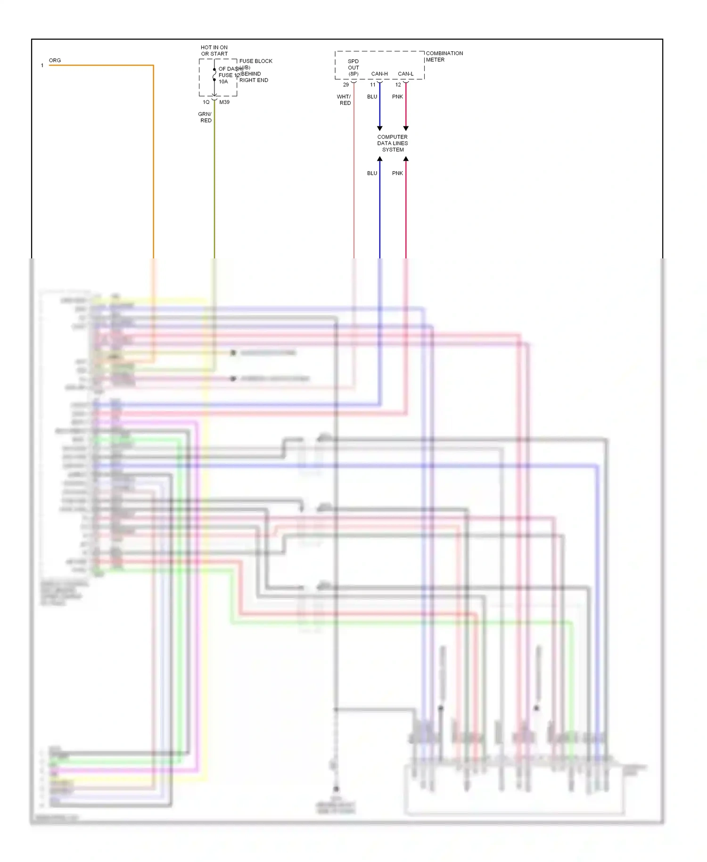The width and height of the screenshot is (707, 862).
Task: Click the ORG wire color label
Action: point(55,60)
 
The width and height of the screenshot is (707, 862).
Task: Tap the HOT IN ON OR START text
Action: point(214,50)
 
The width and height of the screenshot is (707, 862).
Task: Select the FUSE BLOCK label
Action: point(255,61)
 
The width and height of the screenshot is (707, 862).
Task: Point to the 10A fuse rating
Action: point(223,82)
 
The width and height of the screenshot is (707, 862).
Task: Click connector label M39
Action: point(224,102)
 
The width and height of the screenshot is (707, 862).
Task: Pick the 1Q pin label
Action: point(206,102)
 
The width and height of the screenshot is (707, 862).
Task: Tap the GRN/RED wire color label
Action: point(205,117)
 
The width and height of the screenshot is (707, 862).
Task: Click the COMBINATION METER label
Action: point(444,56)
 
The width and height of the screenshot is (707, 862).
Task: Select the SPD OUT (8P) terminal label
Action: point(353,67)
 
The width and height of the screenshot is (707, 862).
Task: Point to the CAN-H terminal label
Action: point(379,74)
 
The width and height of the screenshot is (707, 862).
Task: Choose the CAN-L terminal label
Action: point(405,74)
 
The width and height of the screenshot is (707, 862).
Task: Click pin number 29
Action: point(346,85)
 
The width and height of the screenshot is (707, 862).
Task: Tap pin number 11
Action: point(373,85)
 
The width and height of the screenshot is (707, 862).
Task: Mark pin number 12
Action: point(398,85)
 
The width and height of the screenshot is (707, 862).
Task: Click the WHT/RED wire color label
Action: point(344,99)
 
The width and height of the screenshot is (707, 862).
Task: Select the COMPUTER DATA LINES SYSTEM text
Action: point(393,143)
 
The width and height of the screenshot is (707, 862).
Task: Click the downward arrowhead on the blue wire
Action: point(380,128)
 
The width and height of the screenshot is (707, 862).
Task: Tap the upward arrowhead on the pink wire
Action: point(406,159)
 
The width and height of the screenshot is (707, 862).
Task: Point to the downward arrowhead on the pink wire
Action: point(406,128)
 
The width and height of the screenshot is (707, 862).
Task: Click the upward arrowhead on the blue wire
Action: point(380,159)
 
